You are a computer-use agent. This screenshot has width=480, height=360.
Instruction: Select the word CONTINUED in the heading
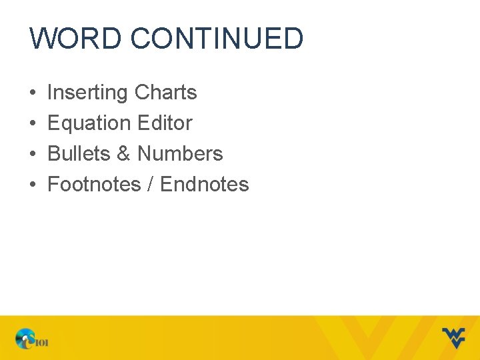[x=217, y=39]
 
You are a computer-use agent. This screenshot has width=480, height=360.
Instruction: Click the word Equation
[x=89, y=123]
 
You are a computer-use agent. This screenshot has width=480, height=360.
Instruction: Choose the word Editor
[x=165, y=123]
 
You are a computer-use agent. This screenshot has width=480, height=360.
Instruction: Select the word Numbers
[x=180, y=154]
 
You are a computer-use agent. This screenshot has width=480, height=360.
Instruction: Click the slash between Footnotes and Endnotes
[x=151, y=185]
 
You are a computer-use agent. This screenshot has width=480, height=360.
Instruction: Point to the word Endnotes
[x=205, y=185]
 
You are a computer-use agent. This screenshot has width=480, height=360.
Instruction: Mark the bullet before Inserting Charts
[x=33, y=93]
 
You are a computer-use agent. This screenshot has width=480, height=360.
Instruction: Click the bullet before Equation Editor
[x=33, y=124]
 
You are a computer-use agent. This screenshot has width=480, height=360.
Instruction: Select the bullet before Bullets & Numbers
[x=33, y=155]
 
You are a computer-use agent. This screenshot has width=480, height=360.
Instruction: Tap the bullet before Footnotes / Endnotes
[x=33, y=185]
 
